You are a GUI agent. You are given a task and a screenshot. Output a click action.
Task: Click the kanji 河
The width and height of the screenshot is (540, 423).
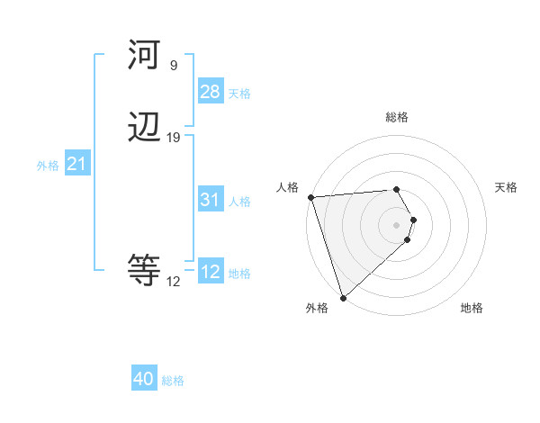click(144, 56)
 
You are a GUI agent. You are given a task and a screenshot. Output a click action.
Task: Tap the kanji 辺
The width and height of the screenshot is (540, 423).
click(144, 128)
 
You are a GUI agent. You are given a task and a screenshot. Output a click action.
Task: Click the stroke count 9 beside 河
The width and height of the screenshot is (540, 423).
click(173, 65)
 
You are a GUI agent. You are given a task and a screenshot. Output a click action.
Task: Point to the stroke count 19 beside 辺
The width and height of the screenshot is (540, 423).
click(173, 137)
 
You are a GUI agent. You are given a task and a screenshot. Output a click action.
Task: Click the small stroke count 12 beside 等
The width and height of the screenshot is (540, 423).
click(173, 281)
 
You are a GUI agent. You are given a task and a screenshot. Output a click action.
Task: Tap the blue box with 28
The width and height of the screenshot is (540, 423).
click(210, 92)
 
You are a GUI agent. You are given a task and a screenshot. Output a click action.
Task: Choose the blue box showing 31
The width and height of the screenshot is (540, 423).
click(210, 201)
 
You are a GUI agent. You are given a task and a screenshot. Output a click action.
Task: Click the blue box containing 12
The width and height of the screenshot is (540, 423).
click(210, 272)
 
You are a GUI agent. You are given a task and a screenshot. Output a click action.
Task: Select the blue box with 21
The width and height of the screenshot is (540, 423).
click(76, 165)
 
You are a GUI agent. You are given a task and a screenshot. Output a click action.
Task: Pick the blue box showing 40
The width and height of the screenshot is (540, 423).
click(144, 379)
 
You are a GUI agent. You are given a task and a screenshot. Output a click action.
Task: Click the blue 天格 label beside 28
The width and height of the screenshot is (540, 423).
click(239, 94)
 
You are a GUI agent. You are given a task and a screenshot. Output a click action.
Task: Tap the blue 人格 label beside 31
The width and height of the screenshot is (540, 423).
click(239, 202)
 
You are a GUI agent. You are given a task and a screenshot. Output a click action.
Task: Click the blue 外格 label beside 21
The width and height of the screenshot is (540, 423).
click(48, 166)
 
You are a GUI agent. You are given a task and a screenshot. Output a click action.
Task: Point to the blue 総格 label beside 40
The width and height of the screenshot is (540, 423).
click(173, 381)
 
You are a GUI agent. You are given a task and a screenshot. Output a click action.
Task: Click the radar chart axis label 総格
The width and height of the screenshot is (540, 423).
click(397, 118)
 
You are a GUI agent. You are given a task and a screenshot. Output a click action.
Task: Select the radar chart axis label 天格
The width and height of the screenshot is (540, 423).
click(507, 187)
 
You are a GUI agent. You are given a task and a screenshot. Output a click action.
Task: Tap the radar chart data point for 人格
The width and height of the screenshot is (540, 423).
click(310, 197)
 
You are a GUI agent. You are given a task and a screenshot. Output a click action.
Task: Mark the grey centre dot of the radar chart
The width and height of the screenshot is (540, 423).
click(397, 224)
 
